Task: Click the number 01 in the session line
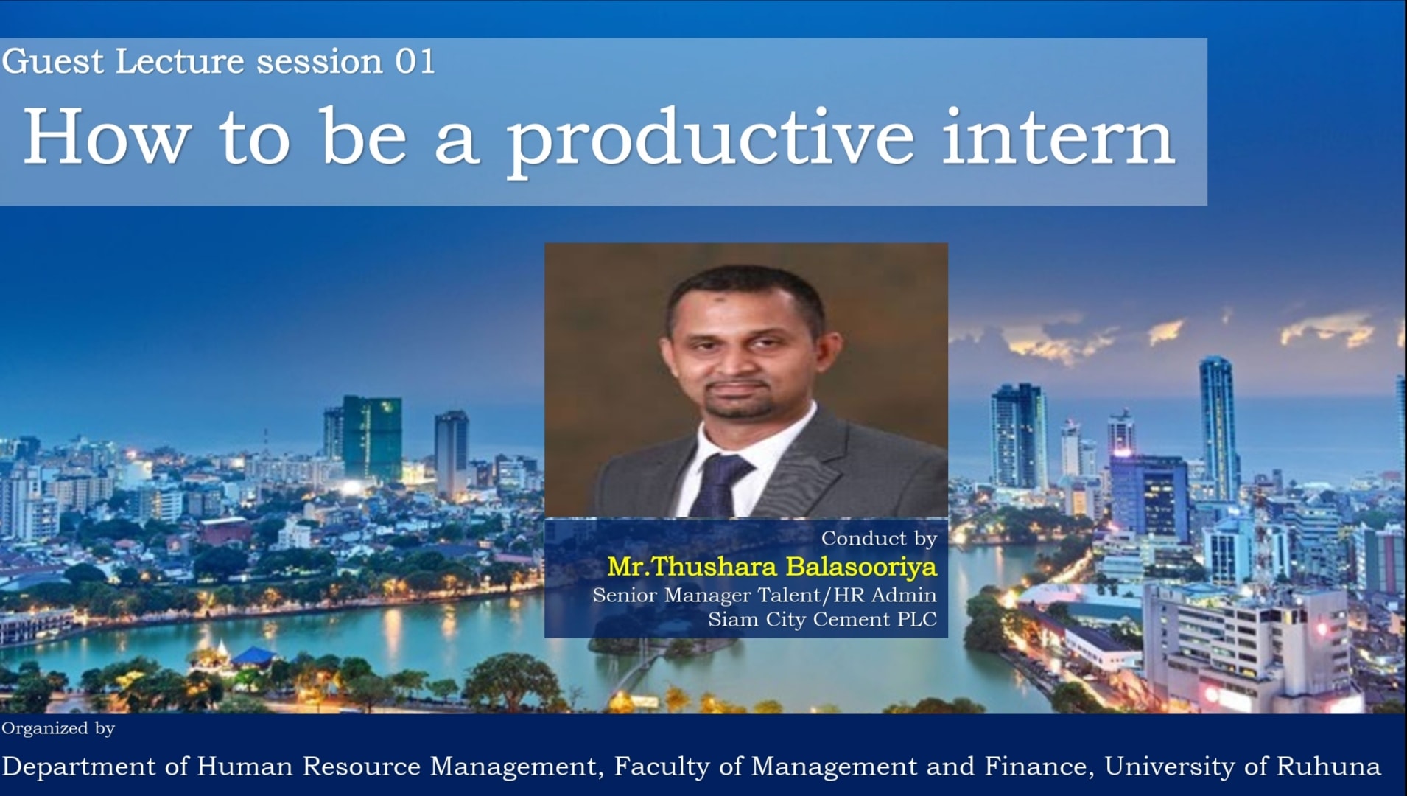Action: tap(415, 61)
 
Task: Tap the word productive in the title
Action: tap(710, 141)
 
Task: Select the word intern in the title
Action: tap(1058, 136)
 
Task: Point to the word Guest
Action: tap(53, 61)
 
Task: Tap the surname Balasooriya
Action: tap(861, 567)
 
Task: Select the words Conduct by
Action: tap(879, 539)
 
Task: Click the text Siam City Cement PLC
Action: tap(822, 620)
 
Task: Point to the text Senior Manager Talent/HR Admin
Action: tap(765, 595)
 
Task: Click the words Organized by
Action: tap(58, 729)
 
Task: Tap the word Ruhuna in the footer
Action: tap(1328, 766)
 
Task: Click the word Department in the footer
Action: tap(79, 767)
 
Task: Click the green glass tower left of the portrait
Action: tap(372, 438)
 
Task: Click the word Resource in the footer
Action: tap(362, 767)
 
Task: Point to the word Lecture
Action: tap(180, 61)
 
